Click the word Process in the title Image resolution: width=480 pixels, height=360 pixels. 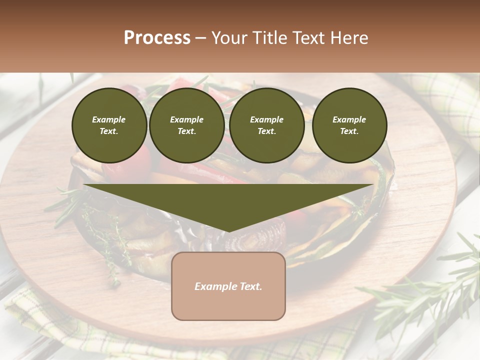[157, 38]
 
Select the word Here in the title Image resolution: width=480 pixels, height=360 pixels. [348, 38]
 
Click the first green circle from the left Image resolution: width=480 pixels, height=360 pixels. [109, 125]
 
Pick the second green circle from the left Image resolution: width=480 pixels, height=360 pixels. [187, 125]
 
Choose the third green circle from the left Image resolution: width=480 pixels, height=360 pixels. [266, 125]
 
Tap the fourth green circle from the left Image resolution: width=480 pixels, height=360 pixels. [349, 125]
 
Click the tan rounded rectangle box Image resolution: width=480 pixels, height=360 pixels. [228, 286]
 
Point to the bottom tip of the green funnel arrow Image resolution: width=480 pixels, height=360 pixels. [228, 231]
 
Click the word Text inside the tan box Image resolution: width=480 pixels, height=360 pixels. [250, 286]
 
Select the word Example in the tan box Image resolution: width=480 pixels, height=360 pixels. [215, 286]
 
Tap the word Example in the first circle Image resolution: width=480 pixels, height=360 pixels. [109, 119]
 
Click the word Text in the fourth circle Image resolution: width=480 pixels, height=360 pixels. [349, 131]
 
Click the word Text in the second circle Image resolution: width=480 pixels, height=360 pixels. [187, 131]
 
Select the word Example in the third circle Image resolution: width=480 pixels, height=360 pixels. [266, 119]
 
